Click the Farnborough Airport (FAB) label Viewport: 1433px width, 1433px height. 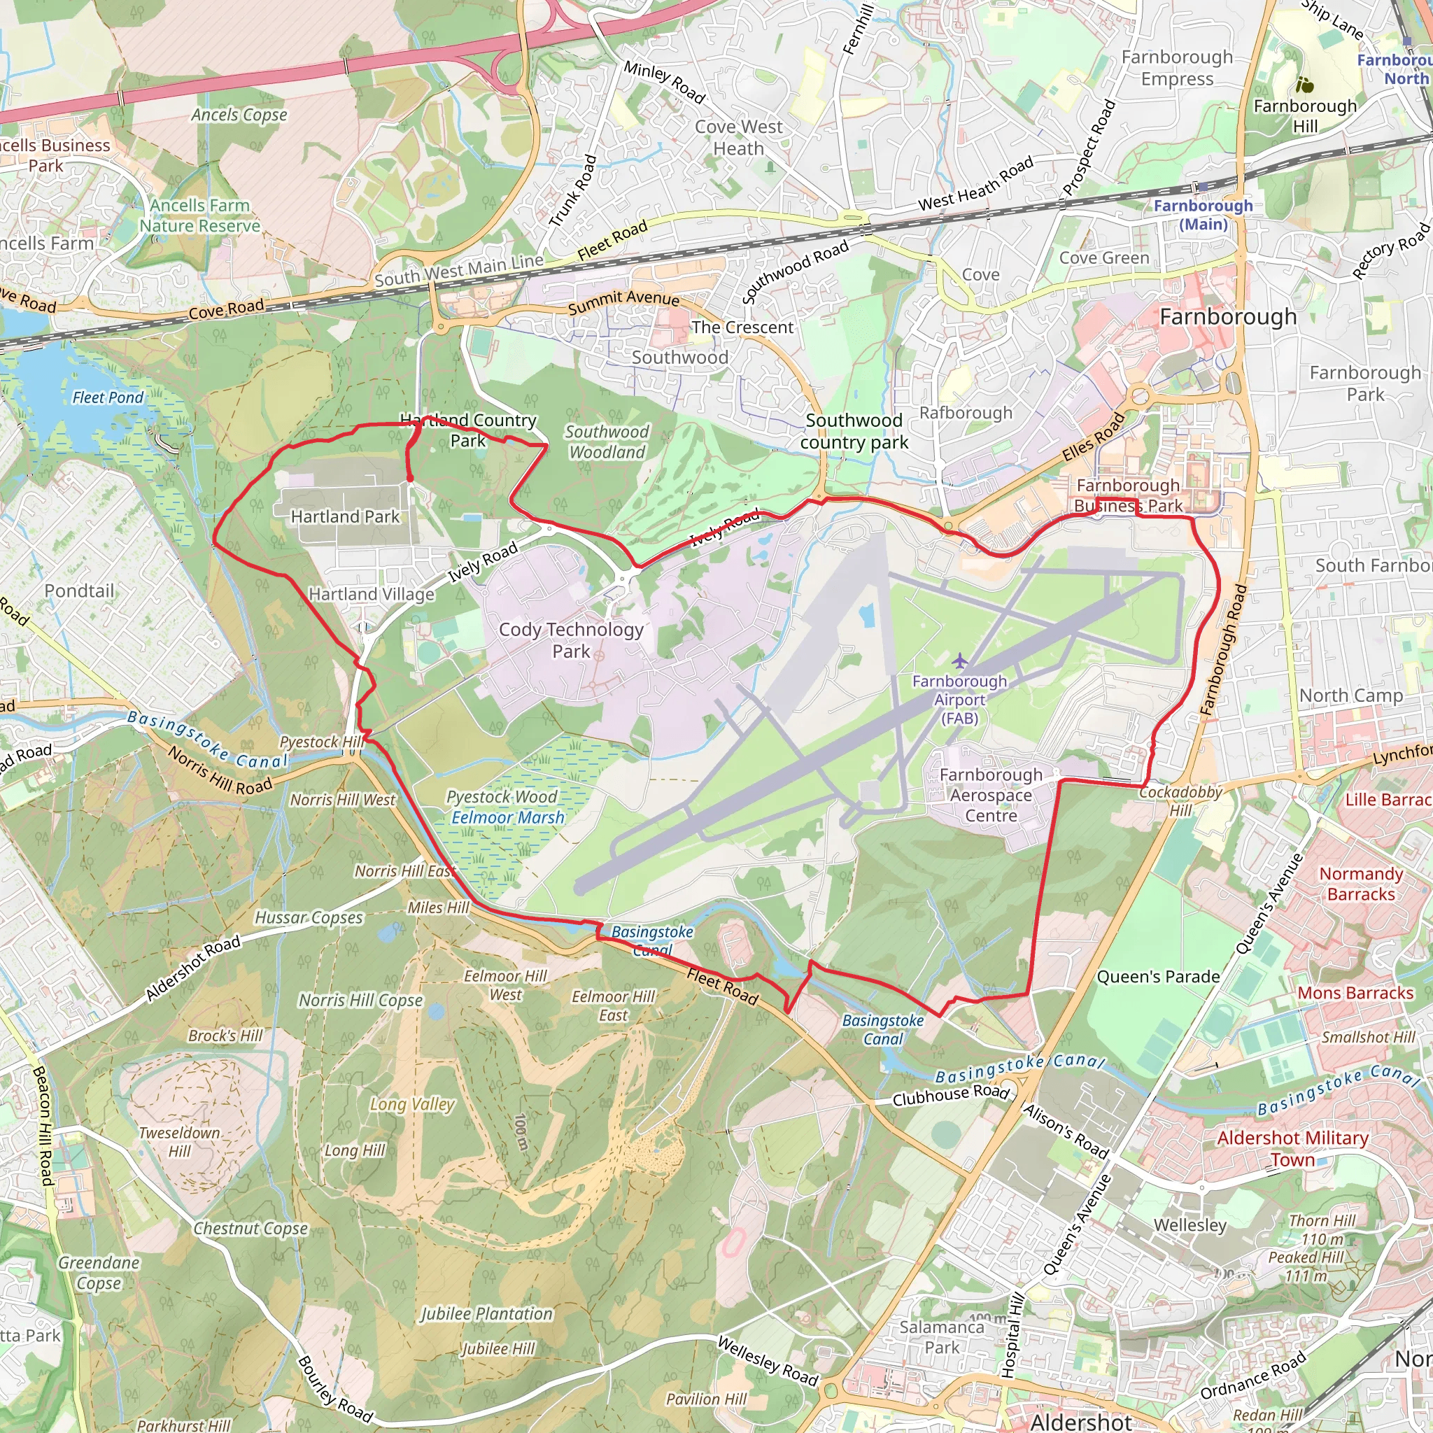[x=960, y=700]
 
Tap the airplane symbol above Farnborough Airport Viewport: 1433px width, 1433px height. [x=960, y=660]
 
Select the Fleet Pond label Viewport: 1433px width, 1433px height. [x=108, y=397]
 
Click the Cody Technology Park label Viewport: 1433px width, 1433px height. [x=570, y=640]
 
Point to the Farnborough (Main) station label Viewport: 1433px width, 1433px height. [x=1202, y=214]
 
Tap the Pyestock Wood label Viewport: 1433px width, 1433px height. [x=502, y=796]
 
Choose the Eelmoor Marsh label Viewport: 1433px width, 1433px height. [x=508, y=817]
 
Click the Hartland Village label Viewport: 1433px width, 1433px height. [x=371, y=594]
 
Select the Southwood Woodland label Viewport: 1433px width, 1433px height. [x=607, y=442]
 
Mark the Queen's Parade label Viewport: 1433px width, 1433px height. [x=1158, y=977]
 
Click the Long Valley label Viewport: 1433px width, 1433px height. [x=411, y=1104]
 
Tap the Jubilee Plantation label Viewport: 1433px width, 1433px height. [x=486, y=1313]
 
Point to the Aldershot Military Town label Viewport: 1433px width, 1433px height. [x=1292, y=1148]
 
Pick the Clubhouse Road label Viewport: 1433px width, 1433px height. [x=950, y=1095]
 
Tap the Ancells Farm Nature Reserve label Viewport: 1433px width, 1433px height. [x=200, y=215]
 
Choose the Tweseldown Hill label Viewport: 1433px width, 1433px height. [x=180, y=1141]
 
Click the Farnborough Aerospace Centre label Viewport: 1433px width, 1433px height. [x=991, y=795]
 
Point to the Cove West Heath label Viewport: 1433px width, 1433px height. [x=738, y=137]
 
